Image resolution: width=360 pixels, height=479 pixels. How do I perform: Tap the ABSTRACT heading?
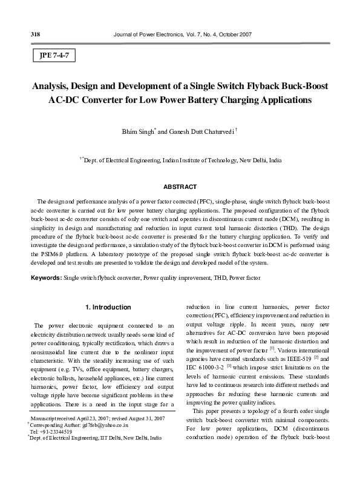(180, 185)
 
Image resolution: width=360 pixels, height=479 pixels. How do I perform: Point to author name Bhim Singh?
(138, 131)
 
